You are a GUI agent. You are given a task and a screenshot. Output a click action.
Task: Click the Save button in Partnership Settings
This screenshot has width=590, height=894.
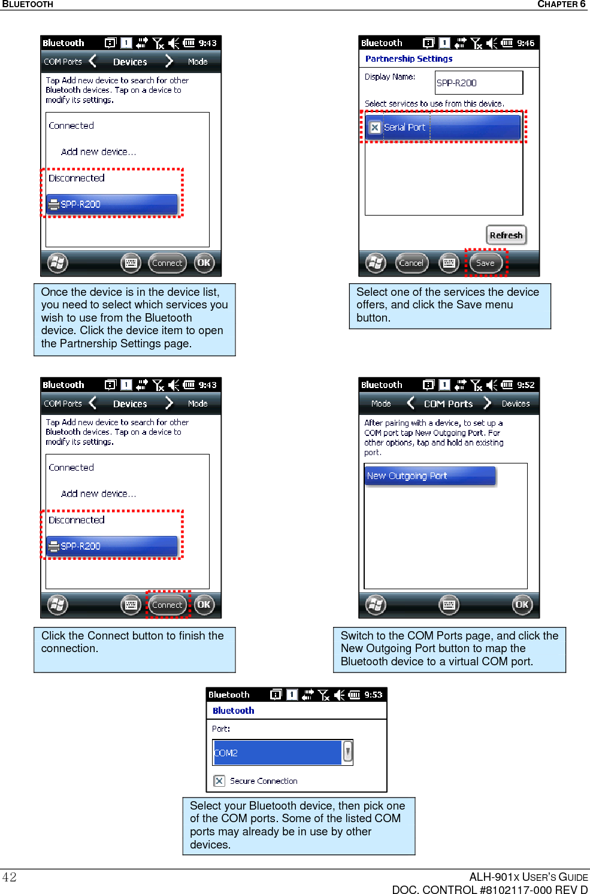click(485, 263)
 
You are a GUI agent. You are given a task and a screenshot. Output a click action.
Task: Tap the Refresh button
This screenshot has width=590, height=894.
click(506, 235)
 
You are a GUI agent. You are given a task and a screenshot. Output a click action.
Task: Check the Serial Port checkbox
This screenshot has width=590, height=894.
click(375, 128)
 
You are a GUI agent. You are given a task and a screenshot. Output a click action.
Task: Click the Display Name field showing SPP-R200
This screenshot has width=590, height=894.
click(478, 83)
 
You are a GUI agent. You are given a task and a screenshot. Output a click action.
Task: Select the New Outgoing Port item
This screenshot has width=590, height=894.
click(430, 476)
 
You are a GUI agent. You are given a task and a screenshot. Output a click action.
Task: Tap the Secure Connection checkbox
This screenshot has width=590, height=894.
click(219, 781)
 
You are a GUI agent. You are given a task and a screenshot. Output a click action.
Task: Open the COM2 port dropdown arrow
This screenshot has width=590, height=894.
click(347, 752)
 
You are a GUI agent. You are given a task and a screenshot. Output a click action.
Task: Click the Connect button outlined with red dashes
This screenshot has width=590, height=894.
click(167, 605)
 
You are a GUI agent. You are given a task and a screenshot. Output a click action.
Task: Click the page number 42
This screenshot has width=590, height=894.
click(10, 877)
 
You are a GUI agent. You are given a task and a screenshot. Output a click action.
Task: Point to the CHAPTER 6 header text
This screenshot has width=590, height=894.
click(561, 4)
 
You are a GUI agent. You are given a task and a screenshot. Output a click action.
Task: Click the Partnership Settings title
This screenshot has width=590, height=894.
click(409, 59)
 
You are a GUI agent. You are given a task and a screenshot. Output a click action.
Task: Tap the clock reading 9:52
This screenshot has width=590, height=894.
click(526, 385)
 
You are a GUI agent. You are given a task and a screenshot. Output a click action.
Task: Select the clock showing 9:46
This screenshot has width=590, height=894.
click(526, 43)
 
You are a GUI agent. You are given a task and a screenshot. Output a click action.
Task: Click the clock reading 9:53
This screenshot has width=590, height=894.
click(373, 695)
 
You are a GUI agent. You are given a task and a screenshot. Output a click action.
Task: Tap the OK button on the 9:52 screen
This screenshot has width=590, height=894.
click(522, 605)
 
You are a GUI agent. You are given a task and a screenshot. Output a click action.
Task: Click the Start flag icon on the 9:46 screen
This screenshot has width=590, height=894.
click(376, 263)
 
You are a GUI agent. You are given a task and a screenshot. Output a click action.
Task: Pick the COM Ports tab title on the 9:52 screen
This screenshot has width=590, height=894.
click(448, 404)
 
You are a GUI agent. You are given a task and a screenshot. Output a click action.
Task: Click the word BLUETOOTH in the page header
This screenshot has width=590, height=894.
click(28, 4)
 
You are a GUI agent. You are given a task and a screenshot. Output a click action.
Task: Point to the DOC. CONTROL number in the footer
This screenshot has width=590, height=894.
click(489, 889)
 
